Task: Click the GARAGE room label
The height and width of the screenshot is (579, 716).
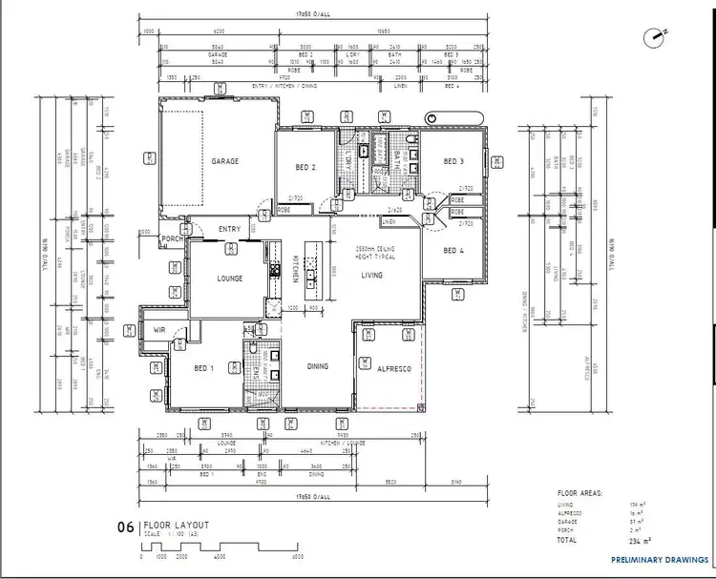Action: click(225, 161)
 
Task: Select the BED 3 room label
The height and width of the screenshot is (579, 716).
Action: click(453, 162)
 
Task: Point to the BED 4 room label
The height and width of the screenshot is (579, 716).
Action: click(453, 250)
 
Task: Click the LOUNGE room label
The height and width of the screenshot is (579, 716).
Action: click(229, 279)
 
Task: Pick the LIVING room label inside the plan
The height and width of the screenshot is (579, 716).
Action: click(371, 275)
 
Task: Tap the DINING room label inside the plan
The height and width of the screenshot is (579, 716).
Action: click(318, 366)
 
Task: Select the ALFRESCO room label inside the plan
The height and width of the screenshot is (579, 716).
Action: click(393, 368)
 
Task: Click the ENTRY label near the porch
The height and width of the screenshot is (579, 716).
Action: click(229, 229)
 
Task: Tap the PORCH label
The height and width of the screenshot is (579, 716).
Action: click(172, 238)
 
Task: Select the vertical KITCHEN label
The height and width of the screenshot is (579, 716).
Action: click(296, 270)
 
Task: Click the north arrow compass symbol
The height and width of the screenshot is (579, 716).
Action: click(656, 36)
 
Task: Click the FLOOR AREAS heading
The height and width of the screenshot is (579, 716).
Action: click(579, 493)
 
